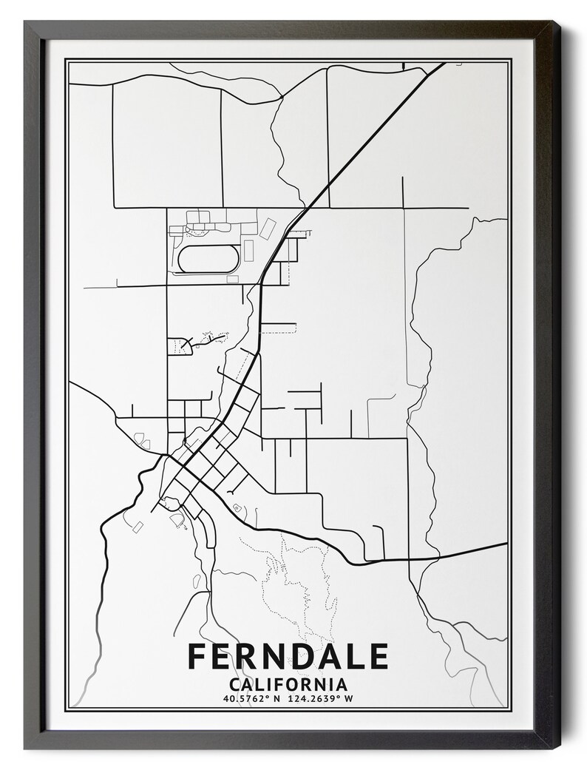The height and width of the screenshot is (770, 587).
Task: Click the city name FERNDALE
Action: point(288,656)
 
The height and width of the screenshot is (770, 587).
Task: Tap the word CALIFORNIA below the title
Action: point(288,683)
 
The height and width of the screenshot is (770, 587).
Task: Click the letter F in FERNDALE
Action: point(197,656)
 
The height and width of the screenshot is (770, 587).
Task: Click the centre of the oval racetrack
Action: point(208,258)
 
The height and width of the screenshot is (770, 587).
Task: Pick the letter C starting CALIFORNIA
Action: point(235,683)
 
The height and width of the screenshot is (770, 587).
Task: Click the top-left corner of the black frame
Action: point(25,22)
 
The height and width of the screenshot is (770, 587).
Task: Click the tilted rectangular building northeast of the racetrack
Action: point(268,223)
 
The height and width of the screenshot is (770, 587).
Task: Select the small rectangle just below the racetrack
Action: point(232,279)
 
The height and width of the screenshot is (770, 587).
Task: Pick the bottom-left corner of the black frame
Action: point(25,749)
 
